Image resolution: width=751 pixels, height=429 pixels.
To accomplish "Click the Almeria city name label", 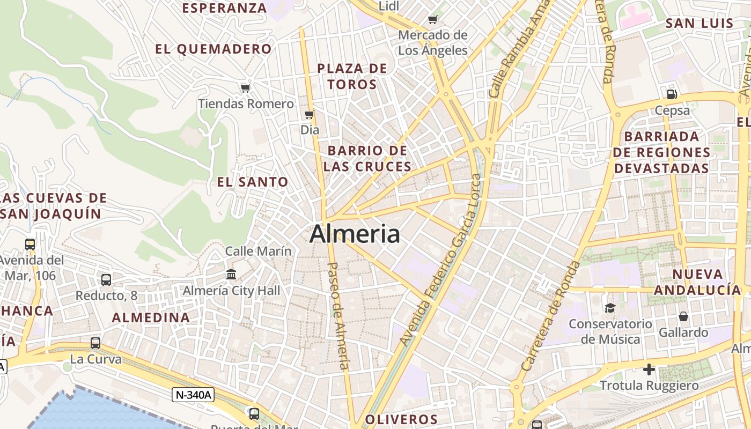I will click(x=355, y=234).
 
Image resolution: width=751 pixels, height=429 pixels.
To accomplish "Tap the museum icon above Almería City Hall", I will click(x=231, y=275).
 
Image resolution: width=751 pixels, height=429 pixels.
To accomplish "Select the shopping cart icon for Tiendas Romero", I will click(x=245, y=87).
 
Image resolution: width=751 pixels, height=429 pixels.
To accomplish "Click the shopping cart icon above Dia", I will click(x=309, y=114).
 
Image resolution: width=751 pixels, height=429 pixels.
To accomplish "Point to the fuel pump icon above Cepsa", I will click(x=672, y=94).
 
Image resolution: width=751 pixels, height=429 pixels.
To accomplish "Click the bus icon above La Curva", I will click(x=95, y=343).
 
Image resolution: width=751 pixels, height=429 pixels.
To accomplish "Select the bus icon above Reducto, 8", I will click(x=106, y=279).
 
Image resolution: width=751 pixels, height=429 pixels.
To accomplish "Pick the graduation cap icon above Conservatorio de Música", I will click(x=610, y=308).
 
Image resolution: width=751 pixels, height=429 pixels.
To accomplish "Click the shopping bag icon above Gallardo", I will click(x=683, y=316).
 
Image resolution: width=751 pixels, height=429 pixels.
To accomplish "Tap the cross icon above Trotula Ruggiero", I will click(x=649, y=369).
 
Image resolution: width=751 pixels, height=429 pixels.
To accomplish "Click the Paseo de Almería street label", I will click(x=338, y=316).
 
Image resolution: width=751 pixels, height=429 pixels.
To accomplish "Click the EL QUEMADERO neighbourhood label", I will click(x=213, y=49).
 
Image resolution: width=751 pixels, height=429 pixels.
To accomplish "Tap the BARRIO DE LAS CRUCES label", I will click(x=367, y=158).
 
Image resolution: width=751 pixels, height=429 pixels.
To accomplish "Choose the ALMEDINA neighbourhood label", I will click(x=151, y=317).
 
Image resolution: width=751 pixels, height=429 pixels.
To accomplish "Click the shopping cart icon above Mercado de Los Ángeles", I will click(x=433, y=20).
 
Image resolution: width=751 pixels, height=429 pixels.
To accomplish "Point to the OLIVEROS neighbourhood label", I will click(x=401, y=419).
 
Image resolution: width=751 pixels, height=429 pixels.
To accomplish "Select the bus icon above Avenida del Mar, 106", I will click(x=30, y=245).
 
